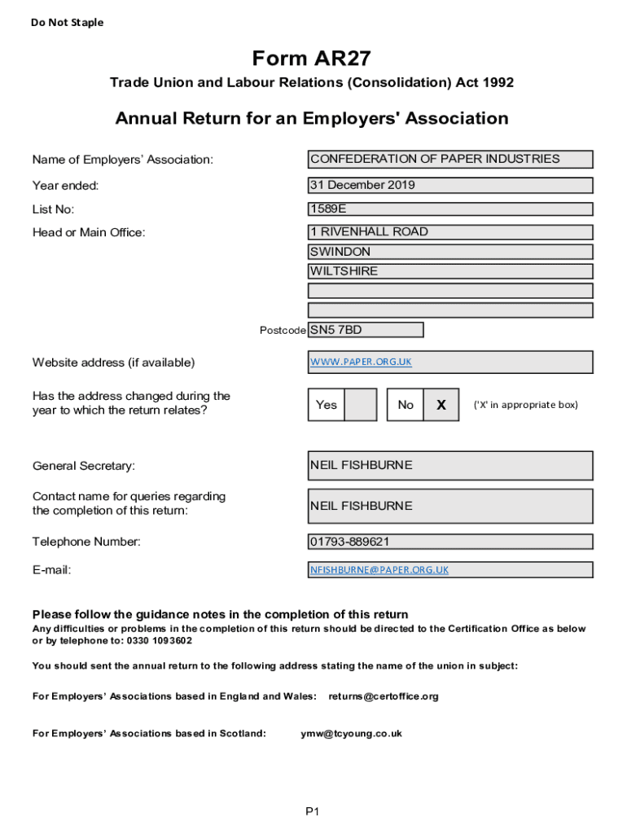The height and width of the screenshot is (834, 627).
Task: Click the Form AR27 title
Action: pyautogui.click(x=312, y=59)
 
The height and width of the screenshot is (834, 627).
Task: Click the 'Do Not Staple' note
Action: pyautogui.click(x=67, y=23)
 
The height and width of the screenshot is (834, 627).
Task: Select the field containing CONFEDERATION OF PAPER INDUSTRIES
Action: pyautogui.click(x=450, y=160)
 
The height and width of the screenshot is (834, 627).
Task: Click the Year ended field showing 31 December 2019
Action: pyautogui.click(x=450, y=185)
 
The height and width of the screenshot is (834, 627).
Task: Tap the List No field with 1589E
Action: pyautogui.click(x=450, y=209)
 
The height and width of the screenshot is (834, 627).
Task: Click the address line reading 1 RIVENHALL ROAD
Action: pyautogui.click(x=450, y=232)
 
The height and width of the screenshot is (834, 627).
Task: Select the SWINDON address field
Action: pyautogui.click(x=450, y=252)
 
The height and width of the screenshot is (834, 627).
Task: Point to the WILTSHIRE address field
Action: pyautogui.click(x=450, y=271)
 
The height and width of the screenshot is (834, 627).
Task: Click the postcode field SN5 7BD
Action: pyautogui.click(x=366, y=330)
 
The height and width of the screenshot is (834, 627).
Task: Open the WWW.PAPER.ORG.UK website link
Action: pyautogui.click(x=361, y=362)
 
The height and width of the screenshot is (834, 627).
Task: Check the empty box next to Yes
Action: pyautogui.click(x=361, y=405)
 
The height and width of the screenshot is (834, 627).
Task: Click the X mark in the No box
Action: pyautogui.click(x=441, y=405)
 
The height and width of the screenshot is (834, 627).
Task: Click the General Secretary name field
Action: pyautogui.click(x=450, y=466)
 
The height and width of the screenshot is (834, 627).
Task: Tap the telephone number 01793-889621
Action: pyautogui.click(x=450, y=542)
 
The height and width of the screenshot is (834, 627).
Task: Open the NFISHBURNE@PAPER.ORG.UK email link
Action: pyautogui.click(x=379, y=570)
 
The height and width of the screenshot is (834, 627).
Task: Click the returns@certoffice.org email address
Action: pyautogui.click(x=384, y=696)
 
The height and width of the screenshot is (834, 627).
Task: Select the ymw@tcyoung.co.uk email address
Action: pyautogui.click(x=351, y=733)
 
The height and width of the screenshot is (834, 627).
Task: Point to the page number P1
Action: pyautogui.click(x=313, y=811)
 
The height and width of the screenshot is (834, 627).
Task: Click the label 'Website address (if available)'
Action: pyautogui.click(x=113, y=362)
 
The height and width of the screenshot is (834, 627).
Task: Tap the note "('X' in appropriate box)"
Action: pyautogui.click(x=525, y=405)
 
